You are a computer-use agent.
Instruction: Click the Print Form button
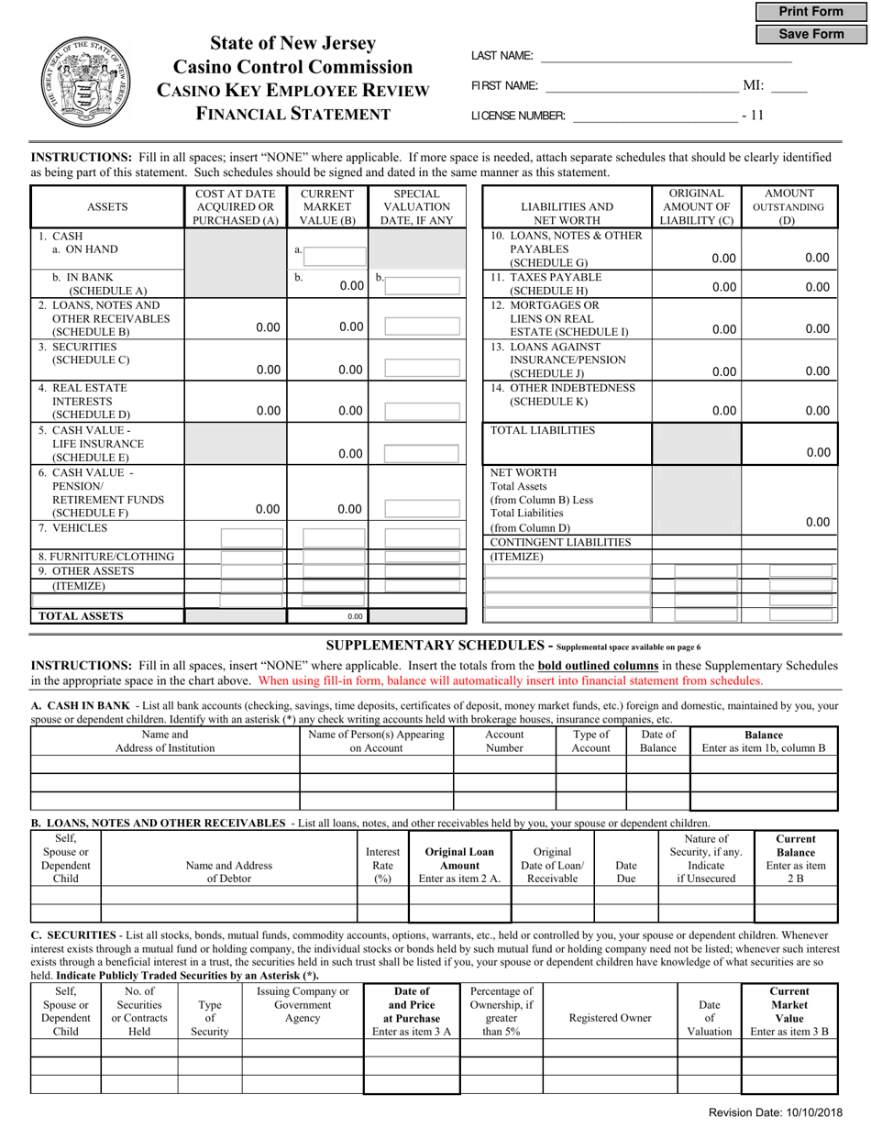(x=810, y=12)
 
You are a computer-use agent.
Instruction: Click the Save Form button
(x=810, y=34)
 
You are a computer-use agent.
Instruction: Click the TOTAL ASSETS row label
(x=81, y=616)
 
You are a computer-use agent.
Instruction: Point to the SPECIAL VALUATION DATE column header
(x=416, y=207)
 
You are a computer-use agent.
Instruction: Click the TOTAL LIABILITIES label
(x=543, y=430)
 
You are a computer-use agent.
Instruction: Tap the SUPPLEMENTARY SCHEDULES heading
(x=438, y=646)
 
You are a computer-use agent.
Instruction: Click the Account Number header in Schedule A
(x=504, y=741)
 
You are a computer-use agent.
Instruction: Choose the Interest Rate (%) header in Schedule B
(x=382, y=865)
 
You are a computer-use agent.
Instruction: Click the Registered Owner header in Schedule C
(x=610, y=1018)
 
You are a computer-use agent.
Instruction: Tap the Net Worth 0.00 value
(x=817, y=522)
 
